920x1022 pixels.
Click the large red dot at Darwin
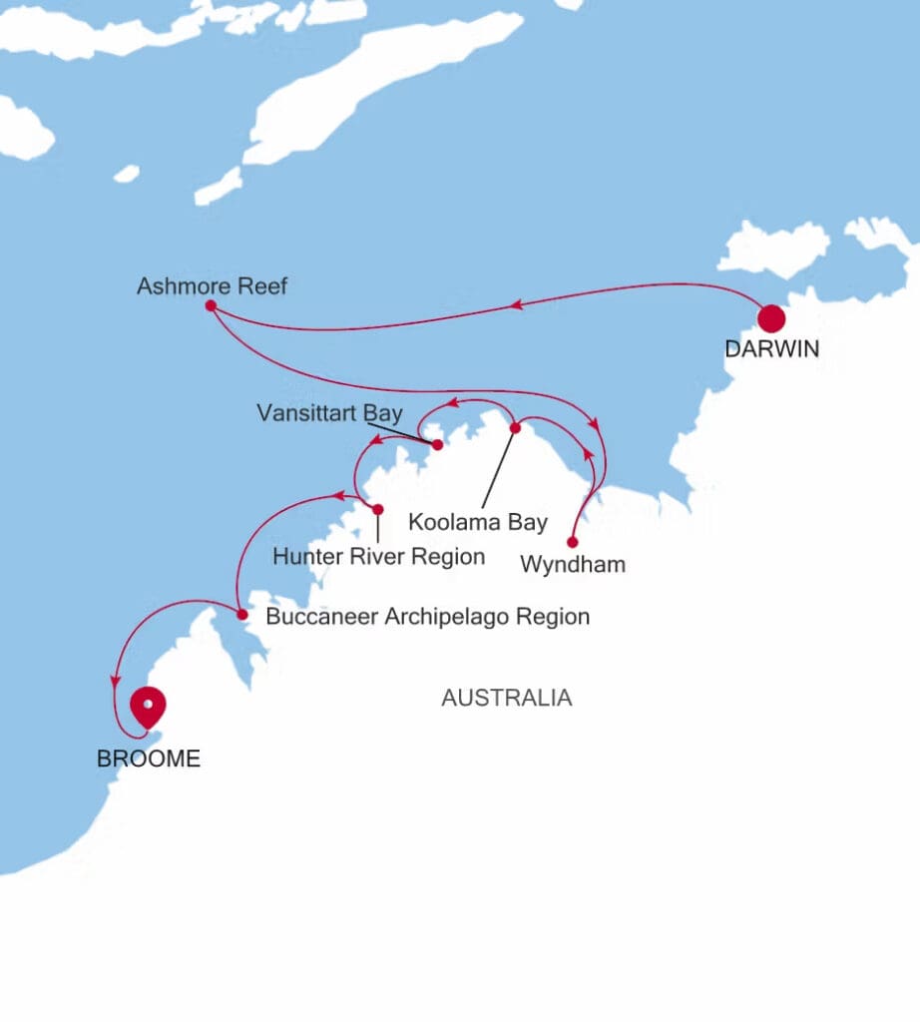(771, 318)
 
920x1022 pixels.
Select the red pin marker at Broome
(148, 706)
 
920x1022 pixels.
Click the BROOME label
(149, 760)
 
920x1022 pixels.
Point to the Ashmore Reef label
(212, 287)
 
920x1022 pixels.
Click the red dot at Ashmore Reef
(211, 305)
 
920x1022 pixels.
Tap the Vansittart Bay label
(329, 414)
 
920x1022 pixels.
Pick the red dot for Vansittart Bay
(437, 445)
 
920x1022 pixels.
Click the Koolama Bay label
(479, 522)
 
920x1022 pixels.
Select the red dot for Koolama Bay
(515, 428)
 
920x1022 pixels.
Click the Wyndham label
(573, 565)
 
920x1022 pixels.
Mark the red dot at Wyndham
(572, 543)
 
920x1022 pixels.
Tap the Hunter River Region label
(379, 557)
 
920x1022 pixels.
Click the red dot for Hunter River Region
(377, 510)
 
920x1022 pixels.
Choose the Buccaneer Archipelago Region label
(427, 617)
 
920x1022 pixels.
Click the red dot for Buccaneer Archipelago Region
(242, 615)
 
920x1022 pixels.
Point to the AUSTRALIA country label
(507, 699)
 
